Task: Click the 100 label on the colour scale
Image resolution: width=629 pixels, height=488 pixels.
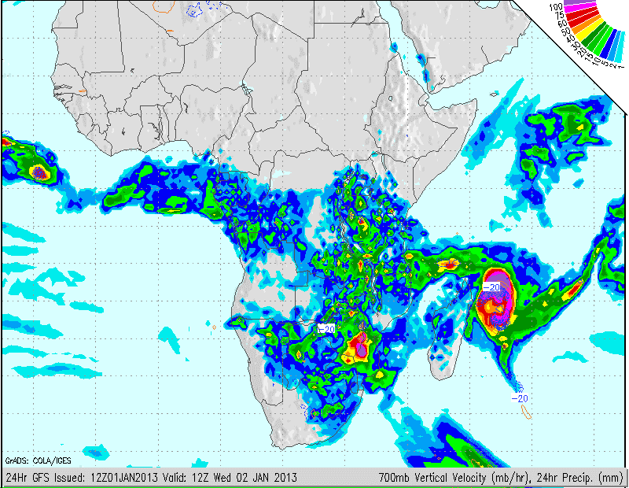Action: (556, 7)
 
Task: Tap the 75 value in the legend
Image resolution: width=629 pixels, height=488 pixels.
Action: (560, 15)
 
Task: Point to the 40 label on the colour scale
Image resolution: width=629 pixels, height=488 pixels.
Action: (571, 39)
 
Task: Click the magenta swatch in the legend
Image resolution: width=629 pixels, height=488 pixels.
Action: (580, 7)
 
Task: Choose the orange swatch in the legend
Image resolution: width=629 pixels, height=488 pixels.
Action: (587, 23)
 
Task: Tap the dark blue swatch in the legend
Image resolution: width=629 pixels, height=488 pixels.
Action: (609, 43)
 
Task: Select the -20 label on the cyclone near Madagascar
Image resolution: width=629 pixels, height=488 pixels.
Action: (491, 287)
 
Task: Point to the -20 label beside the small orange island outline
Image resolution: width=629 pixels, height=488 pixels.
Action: (520, 398)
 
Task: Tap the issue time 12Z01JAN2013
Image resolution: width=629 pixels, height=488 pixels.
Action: (120, 476)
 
